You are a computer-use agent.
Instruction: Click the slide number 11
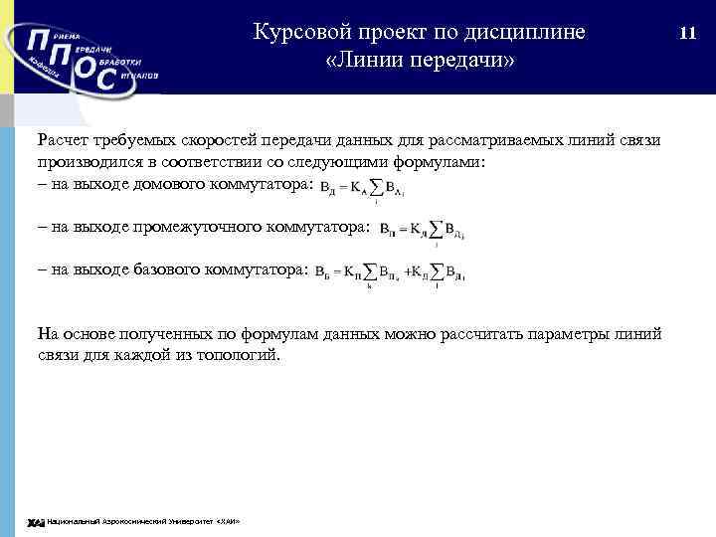pos(686,33)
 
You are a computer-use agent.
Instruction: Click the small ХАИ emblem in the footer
pos(35,523)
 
